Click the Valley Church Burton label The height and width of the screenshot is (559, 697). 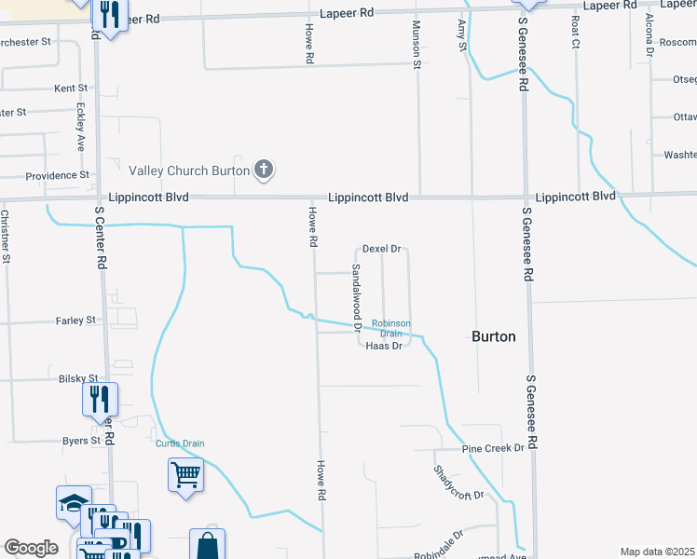(189, 170)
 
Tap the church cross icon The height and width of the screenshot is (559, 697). (265, 170)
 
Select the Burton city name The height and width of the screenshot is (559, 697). (494, 336)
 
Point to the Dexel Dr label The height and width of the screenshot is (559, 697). (381, 250)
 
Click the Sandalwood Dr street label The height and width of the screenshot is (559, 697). (356, 297)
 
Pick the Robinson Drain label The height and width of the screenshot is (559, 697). (390, 328)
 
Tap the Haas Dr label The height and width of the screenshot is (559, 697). (384, 347)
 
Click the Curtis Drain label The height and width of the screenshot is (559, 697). (180, 443)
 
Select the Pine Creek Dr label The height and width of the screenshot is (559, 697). (493, 448)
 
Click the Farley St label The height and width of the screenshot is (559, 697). (75, 320)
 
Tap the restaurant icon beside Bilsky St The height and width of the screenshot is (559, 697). (100, 400)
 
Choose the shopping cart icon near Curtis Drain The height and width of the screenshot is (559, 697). (185, 475)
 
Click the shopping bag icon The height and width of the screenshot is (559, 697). (207, 545)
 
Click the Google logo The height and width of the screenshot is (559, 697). (31, 548)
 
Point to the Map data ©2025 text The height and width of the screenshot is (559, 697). (657, 552)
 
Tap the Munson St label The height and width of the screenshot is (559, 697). (417, 45)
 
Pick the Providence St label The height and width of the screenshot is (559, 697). (57, 175)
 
